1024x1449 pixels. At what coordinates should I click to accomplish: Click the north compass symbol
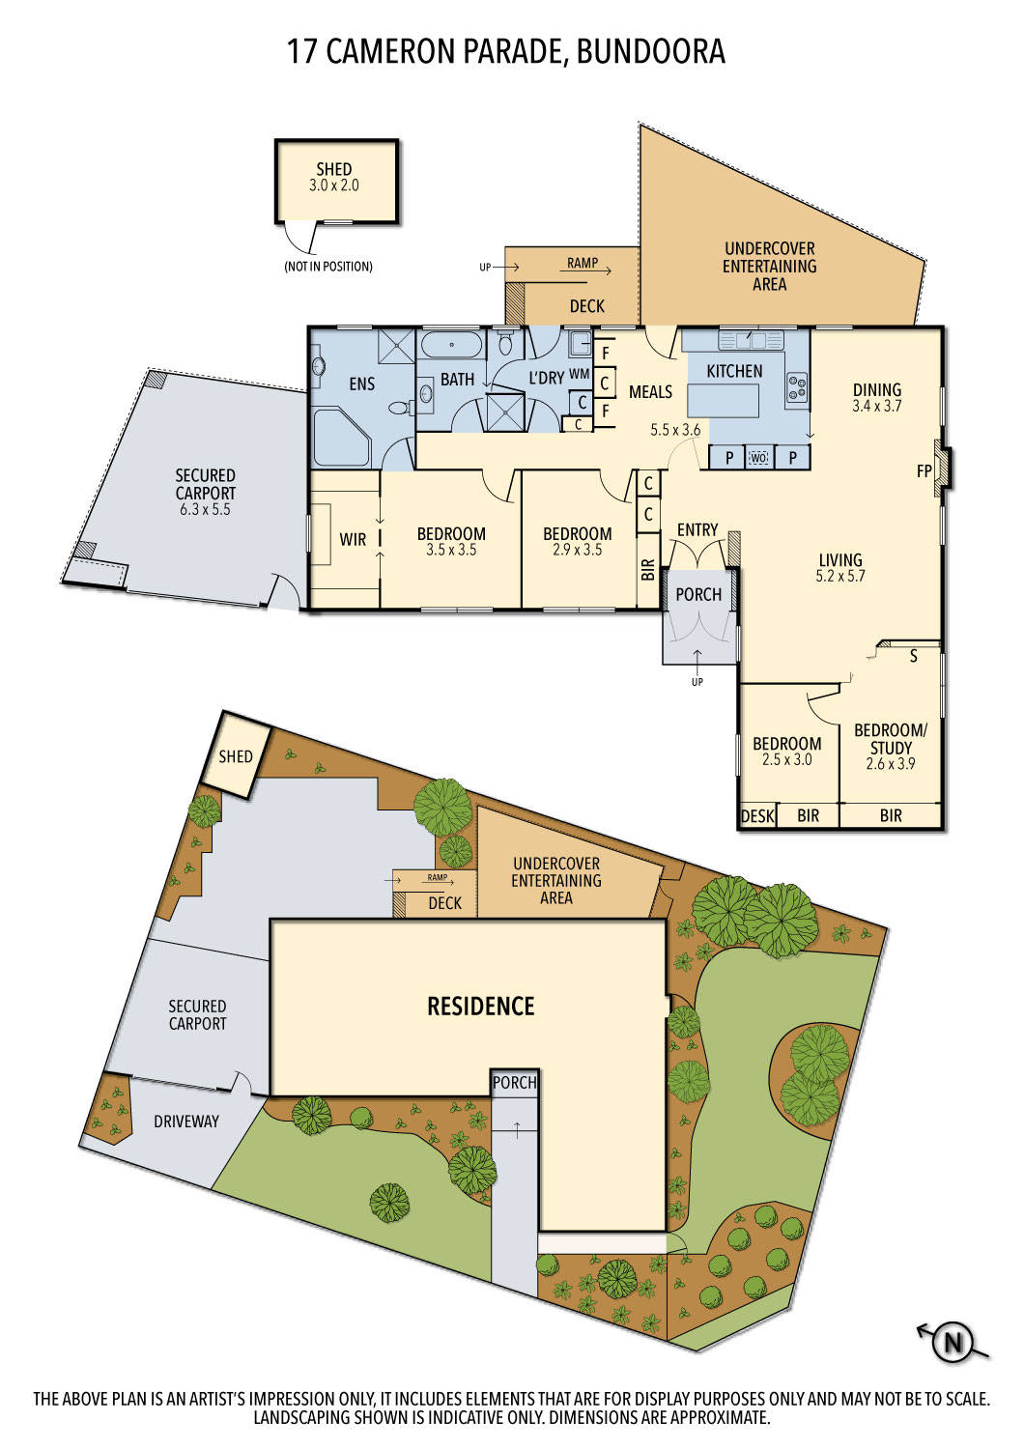pos(953,1342)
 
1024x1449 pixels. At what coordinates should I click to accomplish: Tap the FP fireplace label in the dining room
pos(924,472)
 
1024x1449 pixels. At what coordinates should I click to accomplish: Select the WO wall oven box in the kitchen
pos(759,457)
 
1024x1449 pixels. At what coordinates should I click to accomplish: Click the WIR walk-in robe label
pos(353,539)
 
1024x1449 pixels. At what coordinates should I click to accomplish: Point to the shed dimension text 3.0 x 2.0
pos(334,185)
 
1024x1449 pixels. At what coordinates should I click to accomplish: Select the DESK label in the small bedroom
pos(757,816)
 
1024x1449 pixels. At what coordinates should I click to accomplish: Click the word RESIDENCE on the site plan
pos(480,1007)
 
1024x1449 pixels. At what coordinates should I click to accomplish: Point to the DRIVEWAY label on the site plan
pos(186,1122)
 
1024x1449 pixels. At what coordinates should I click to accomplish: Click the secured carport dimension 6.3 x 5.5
pos(205,509)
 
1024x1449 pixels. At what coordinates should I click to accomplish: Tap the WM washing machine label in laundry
pos(579,374)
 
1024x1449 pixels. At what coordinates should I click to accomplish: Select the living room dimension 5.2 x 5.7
pos(839,576)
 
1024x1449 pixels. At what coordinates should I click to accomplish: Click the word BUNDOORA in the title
pos(650,51)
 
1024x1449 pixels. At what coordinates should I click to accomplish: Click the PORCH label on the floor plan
pos(698,595)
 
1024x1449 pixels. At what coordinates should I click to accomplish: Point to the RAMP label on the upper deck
pos(582,263)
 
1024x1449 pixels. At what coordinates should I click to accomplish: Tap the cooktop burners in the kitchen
pos(797,386)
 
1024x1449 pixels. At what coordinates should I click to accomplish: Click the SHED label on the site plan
pos(236,756)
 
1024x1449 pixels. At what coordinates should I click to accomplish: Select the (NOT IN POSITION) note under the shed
pos(328,267)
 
